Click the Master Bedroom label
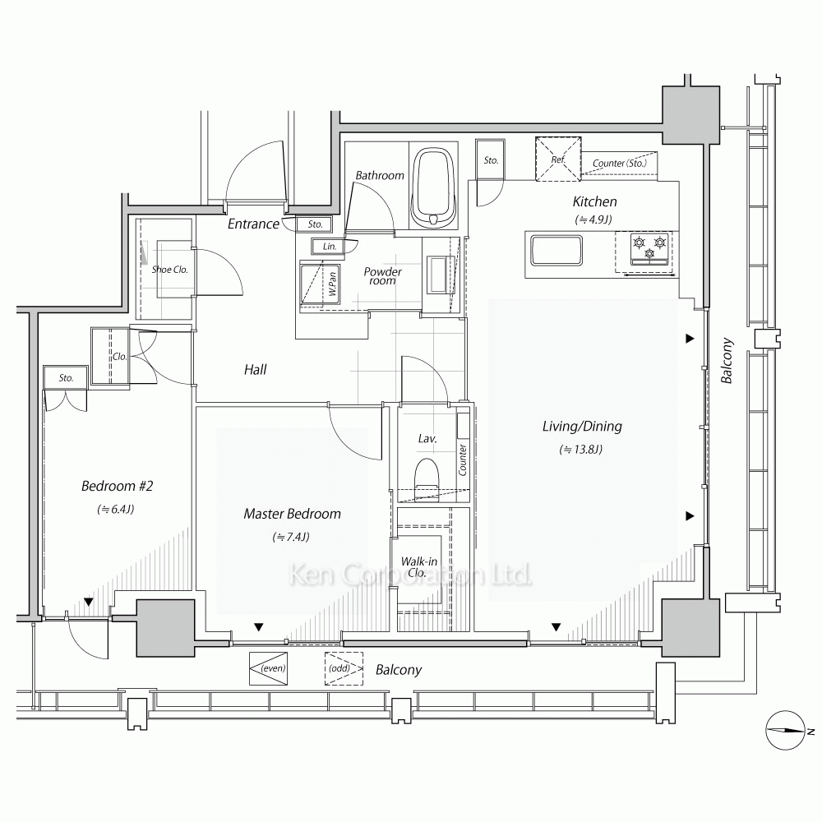click(x=292, y=514)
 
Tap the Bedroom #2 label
click(x=117, y=486)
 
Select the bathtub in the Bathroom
click(x=432, y=187)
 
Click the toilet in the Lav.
click(x=426, y=476)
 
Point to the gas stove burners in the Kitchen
click(x=649, y=248)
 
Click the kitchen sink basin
click(x=556, y=251)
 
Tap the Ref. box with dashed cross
click(x=558, y=159)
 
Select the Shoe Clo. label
click(x=169, y=270)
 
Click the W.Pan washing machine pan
click(x=319, y=284)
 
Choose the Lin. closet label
click(x=330, y=247)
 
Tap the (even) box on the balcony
click(x=269, y=668)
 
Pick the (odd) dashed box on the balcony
click(x=344, y=668)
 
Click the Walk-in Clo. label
click(x=418, y=567)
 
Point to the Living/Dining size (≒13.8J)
click(x=581, y=450)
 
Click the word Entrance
click(x=253, y=224)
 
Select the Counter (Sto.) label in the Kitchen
click(x=619, y=163)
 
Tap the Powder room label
click(x=383, y=276)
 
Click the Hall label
click(x=256, y=370)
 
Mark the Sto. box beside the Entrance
click(x=315, y=224)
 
